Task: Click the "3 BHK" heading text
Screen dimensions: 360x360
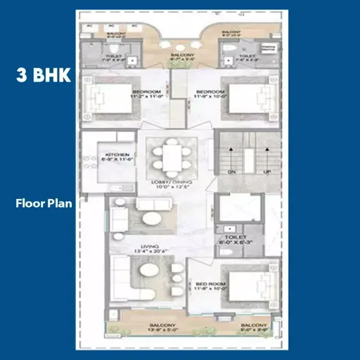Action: pos(44,75)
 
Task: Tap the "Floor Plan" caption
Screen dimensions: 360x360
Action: pos(44,205)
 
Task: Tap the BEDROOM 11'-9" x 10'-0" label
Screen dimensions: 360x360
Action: pos(209,94)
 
